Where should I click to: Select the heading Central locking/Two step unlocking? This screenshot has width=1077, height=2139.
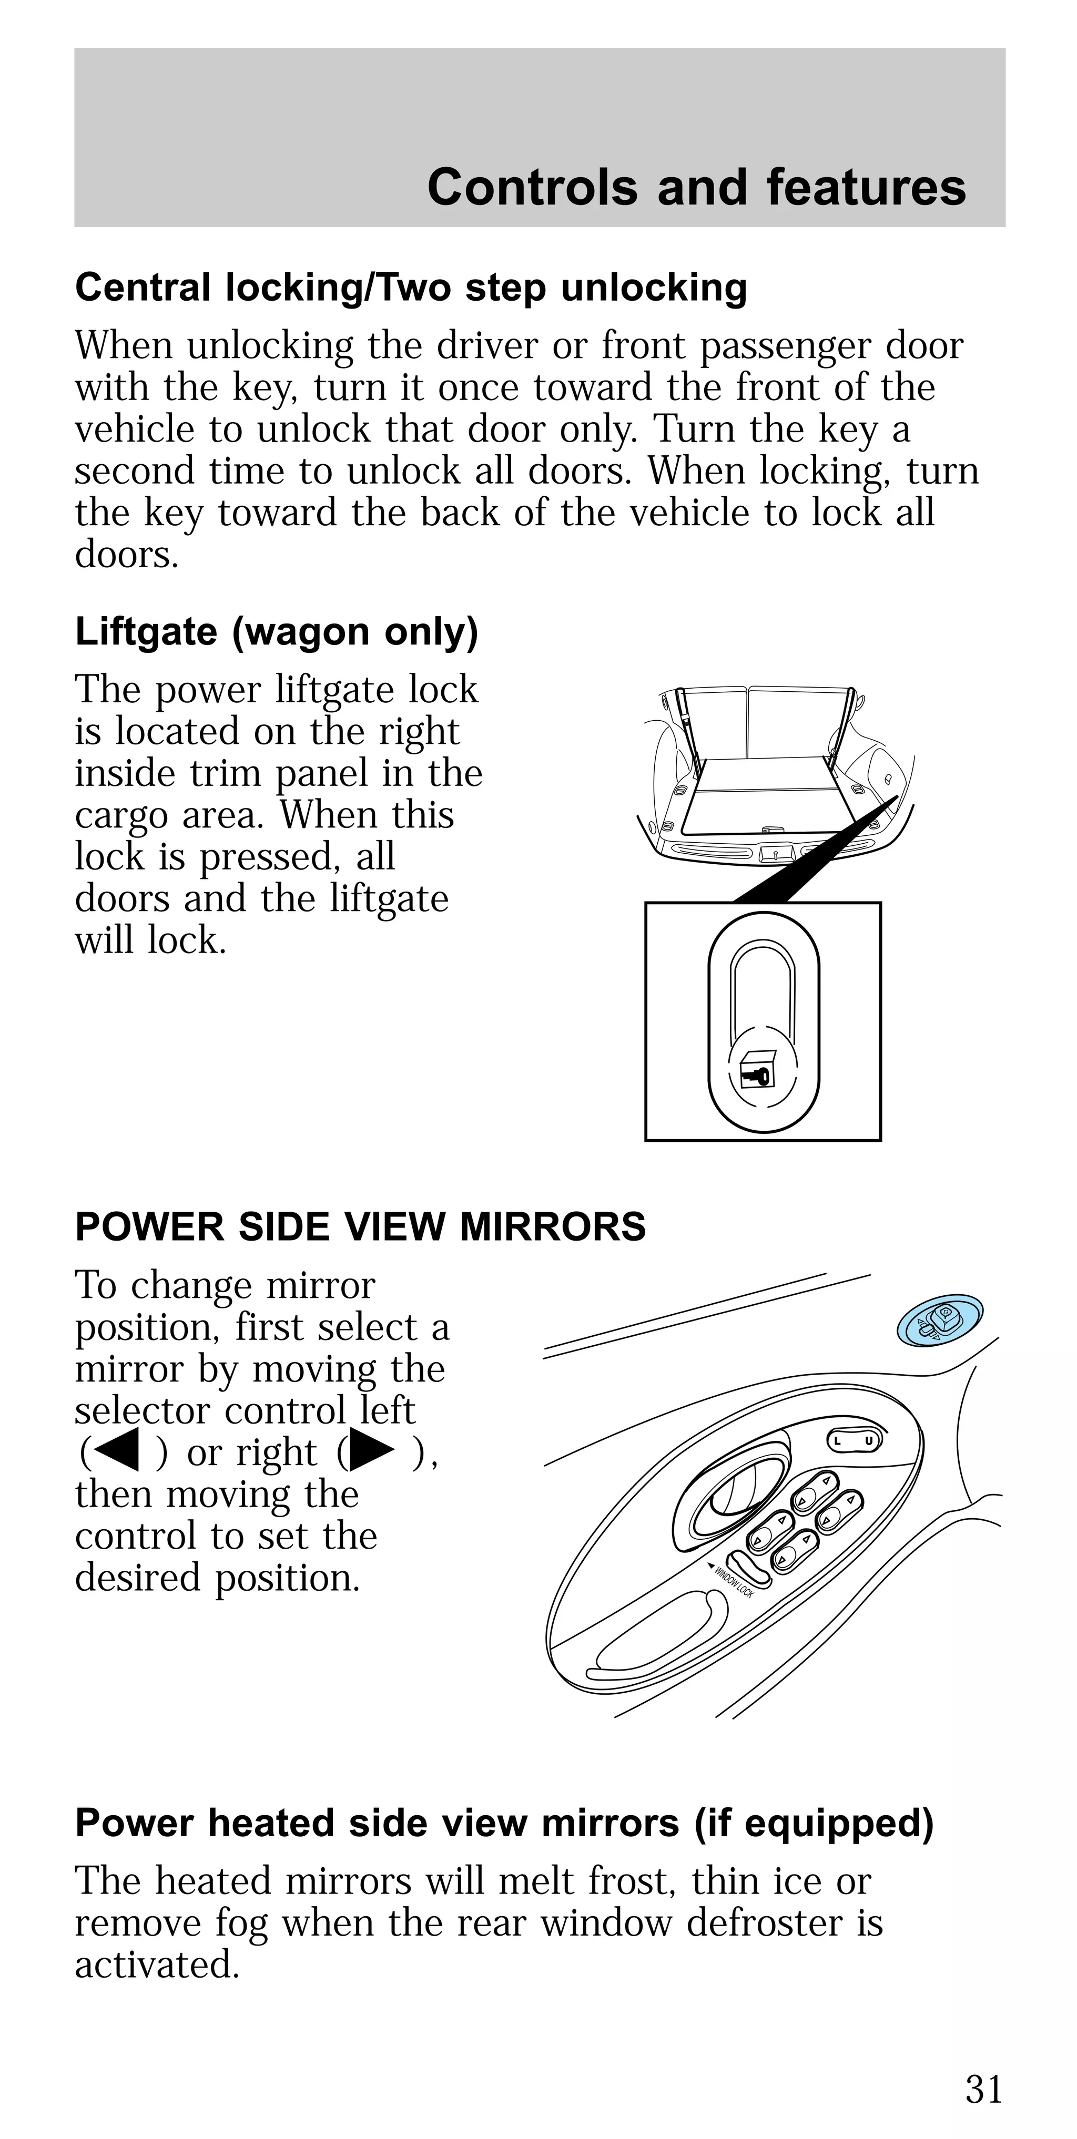tap(411, 288)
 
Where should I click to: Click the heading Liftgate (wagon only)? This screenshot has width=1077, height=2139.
tap(277, 632)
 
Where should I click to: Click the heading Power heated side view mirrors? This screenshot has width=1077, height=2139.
tap(504, 1824)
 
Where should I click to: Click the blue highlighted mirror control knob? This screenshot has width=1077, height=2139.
tap(940, 1321)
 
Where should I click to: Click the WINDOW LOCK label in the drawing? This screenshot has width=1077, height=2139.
tap(733, 1580)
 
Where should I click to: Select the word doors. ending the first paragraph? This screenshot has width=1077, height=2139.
tap(126, 555)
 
